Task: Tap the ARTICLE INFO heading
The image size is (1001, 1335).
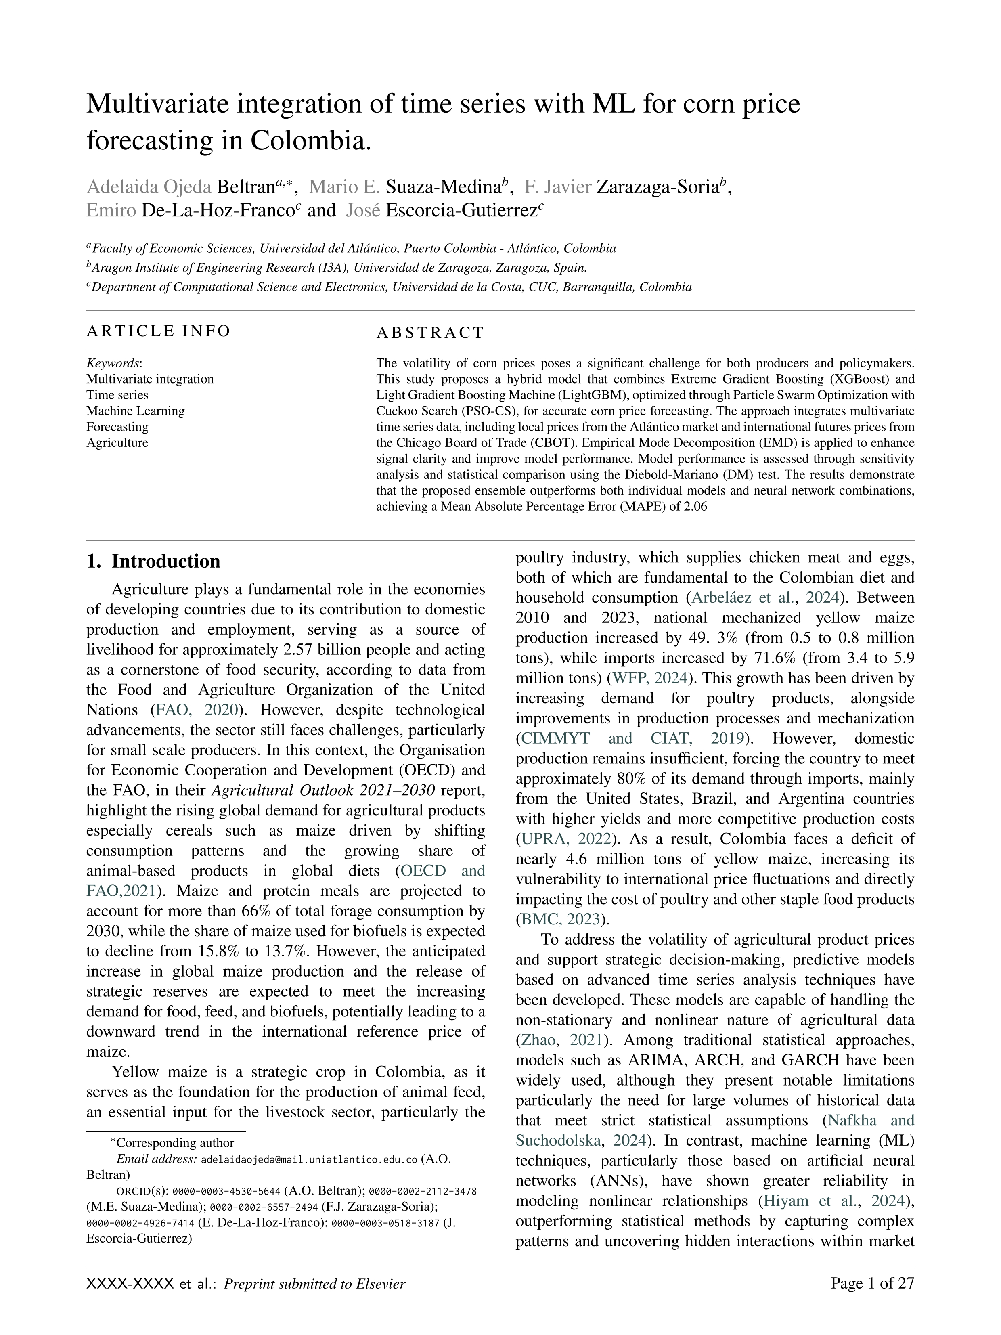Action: pos(158,331)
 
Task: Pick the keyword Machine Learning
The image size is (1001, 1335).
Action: pos(135,411)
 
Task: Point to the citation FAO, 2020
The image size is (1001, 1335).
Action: pos(198,710)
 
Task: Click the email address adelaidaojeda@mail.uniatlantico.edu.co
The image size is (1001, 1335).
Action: pos(309,1159)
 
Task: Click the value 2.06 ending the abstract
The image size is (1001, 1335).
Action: pos(695,507)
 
